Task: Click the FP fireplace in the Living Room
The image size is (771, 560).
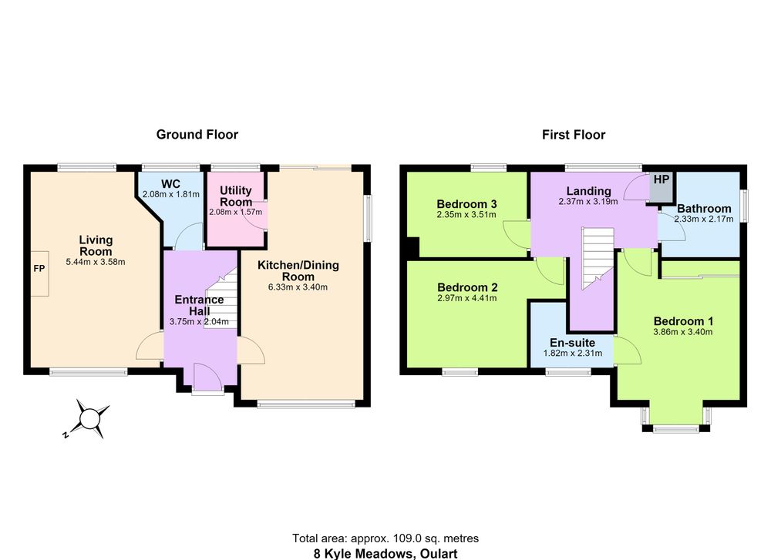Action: coord(39,273)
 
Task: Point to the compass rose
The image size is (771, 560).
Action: coord(89,419)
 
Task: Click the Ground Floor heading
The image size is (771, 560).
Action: coord(197,135)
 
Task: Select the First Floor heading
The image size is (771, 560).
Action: coord(574,135)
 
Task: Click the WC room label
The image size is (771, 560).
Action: coord(170,184)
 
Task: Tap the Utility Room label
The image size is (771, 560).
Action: coord(236,196)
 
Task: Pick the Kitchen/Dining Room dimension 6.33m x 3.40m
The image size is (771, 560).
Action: coord(298,287)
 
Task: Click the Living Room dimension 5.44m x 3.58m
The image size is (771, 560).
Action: coord(96,263)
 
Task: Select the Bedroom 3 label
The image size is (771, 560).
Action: coord(466,204)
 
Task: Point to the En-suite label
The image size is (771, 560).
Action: coord(572,343)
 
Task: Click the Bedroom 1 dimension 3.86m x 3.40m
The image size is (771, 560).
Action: coord(683,332)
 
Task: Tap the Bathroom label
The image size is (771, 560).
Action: coord(704,208)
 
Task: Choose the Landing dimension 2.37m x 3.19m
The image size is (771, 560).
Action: coord(588,201)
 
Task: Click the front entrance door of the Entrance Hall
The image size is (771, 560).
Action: coord(207,378)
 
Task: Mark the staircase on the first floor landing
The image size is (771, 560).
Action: coord(598,258)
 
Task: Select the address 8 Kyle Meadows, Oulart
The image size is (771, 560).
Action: coord(385,554)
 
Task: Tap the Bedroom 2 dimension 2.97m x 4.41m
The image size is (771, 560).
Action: coord(467,298)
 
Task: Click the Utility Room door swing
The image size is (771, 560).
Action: coord(257,216)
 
